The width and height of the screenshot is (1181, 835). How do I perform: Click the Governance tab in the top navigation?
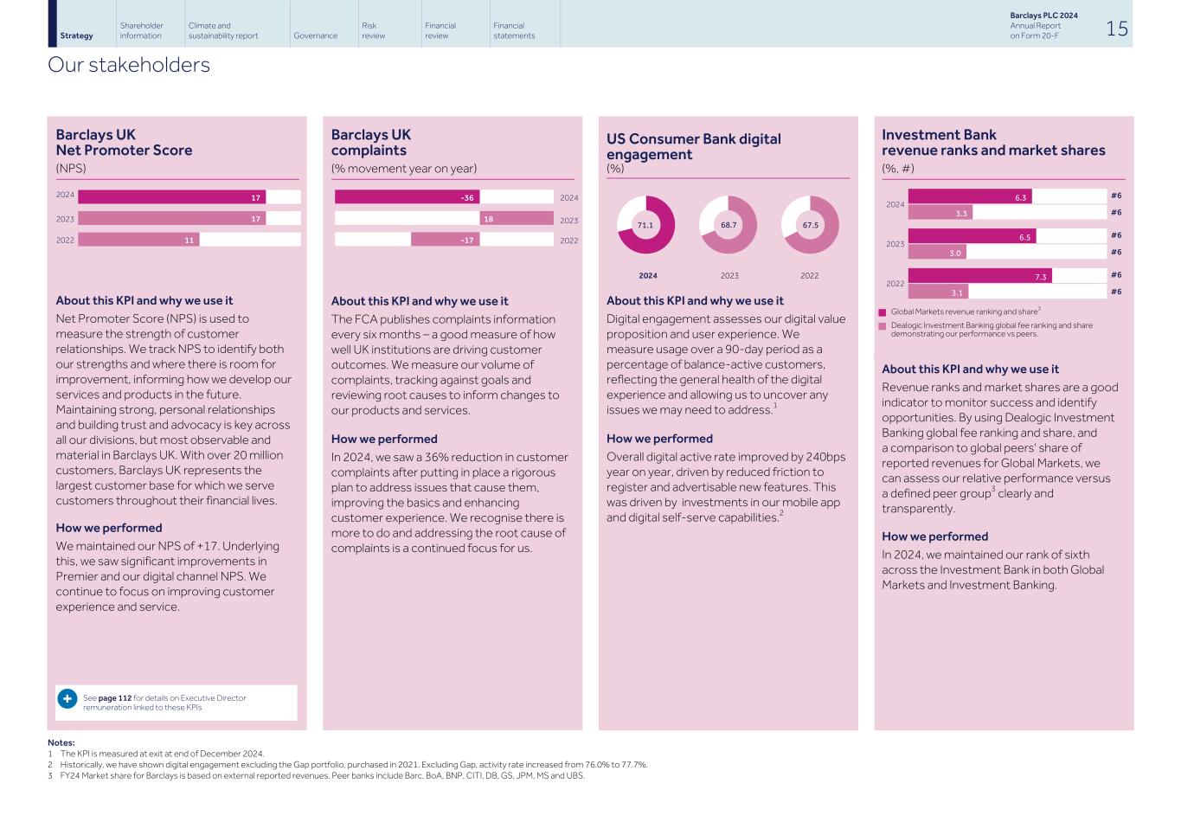315,35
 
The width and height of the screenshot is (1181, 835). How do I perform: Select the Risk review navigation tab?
373,30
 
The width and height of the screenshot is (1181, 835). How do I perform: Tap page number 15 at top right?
1116,29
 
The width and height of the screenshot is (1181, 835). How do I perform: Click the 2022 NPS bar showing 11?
138,240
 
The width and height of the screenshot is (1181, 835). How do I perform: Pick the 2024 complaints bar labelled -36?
408,197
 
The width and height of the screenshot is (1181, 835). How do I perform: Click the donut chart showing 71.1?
645,225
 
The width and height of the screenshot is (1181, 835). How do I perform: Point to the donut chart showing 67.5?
810,225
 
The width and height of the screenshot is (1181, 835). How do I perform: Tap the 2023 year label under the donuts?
729,276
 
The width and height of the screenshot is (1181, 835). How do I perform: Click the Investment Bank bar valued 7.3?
979,276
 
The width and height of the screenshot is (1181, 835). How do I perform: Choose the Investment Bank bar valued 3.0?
937,253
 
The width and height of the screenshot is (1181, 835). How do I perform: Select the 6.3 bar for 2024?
970,197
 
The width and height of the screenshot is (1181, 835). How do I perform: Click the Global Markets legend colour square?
883,312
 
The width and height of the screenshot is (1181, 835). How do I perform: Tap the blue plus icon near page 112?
67,698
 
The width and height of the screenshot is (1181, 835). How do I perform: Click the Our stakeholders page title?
129,65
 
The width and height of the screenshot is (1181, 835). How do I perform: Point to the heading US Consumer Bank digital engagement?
693,146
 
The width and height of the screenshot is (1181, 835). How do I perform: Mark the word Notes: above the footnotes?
61,742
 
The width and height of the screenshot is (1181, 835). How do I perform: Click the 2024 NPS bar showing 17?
171,197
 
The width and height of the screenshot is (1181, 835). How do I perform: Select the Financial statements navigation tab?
514,30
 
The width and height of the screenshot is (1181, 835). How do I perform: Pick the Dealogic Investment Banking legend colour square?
883,326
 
